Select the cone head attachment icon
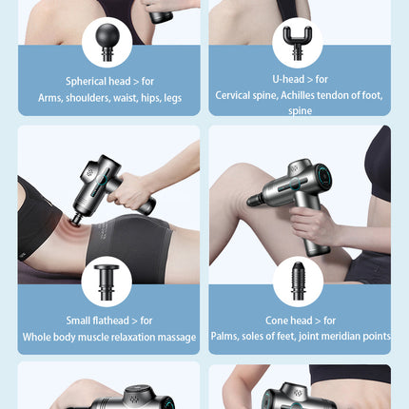(297, 282)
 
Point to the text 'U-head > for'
(299, 79)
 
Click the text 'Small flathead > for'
(109, 321)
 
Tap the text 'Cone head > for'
(299, 321)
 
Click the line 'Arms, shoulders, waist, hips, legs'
(109, 97)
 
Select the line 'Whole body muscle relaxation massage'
(109, 337)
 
